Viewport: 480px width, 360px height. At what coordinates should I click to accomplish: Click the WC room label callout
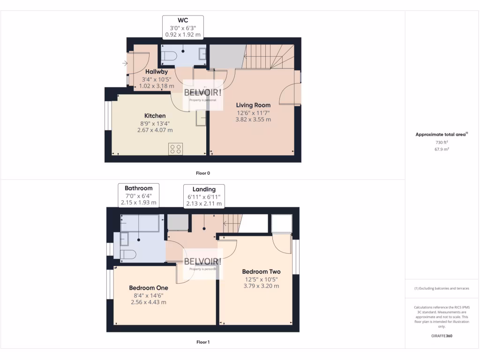183,27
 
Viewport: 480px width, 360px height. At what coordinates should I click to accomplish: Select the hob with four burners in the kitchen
176,149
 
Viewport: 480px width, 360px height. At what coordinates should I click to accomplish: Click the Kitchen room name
155,116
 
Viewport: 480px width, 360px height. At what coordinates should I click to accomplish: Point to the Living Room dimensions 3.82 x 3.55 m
253,120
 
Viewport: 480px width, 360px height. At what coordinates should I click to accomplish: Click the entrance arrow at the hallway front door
125,63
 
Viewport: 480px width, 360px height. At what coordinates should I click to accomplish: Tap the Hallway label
156,72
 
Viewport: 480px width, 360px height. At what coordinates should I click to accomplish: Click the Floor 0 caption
202,173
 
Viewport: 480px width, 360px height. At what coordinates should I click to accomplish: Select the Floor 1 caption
202,342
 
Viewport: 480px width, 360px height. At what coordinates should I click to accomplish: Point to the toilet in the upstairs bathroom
127,254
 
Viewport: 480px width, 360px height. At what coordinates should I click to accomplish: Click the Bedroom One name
148,288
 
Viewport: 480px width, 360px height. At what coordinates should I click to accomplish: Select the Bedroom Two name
261,271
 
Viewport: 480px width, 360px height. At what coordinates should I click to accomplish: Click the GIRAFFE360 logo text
441,336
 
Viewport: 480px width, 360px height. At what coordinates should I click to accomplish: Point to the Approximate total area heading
441,135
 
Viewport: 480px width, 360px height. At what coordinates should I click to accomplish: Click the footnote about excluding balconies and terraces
442,288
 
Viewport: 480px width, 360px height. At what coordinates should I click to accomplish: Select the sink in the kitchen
201,119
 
